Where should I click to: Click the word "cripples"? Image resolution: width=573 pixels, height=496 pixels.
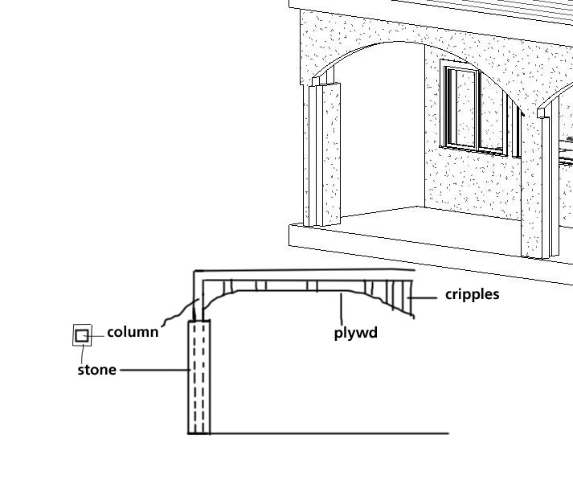point(472,294)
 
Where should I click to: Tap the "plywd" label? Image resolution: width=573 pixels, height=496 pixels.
point(355,332)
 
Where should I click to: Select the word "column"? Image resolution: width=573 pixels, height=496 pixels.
point(133,332)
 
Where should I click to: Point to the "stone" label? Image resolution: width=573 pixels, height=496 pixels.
point(96,370)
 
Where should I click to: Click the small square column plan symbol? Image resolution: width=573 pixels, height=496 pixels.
point(82,335)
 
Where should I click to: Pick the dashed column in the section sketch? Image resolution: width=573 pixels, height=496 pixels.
point(199,378)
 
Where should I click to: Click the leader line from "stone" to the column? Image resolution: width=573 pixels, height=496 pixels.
point(153,370)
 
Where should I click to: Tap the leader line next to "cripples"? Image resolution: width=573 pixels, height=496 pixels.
point(426,296)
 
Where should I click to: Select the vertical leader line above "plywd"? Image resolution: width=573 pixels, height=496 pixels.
point(342,307)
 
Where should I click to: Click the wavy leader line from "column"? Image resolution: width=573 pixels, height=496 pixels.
point(178,314)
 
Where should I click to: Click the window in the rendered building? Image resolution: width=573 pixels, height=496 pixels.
point(474,109)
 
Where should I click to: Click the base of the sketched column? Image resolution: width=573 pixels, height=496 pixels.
point(199,430)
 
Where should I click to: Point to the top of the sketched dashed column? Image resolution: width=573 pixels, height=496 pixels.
point(199,322)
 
